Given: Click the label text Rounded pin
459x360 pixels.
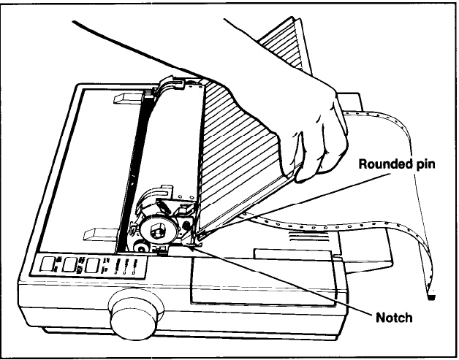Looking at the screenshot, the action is [x=396, y=164].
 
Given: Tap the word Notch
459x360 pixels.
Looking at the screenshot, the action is [x=393, y=318].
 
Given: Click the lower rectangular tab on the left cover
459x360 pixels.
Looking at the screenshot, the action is [x=99, y=234].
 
